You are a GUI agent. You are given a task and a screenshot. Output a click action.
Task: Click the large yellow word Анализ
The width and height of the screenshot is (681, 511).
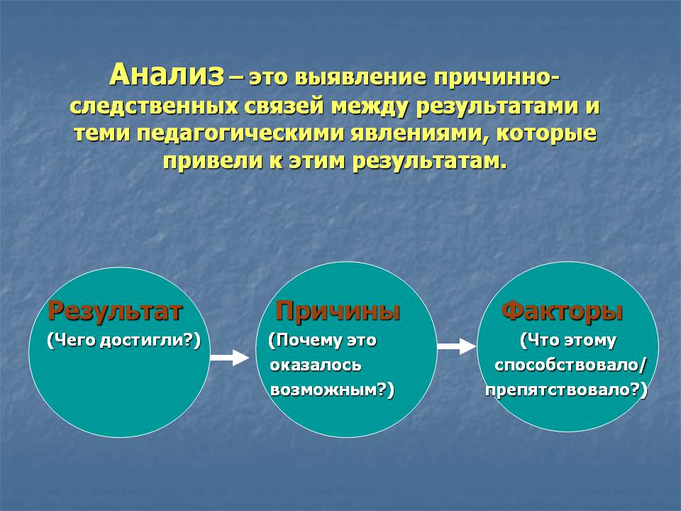click(x=167, y=75)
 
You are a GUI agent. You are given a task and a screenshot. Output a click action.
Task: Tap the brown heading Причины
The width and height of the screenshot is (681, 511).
click(x=338, y=312)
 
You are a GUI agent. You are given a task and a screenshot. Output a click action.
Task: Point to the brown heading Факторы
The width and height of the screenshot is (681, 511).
click(x=563, y=312)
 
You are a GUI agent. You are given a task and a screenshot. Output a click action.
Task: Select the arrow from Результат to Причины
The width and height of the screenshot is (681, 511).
click(x=230, y=357)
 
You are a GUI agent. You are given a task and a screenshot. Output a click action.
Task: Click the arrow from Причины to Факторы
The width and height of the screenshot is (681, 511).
click(x=456, y=346)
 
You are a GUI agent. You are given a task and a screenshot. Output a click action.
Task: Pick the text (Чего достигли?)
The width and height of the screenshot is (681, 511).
click(x=123, y=340)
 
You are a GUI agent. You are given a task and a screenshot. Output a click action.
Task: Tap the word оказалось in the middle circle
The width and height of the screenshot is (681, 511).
click(x=315, y=365)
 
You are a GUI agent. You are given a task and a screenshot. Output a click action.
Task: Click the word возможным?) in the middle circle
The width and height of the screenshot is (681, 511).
click(x=332, y=390)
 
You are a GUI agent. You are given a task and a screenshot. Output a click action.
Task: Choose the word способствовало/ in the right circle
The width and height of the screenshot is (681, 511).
click(x=570, y=365)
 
